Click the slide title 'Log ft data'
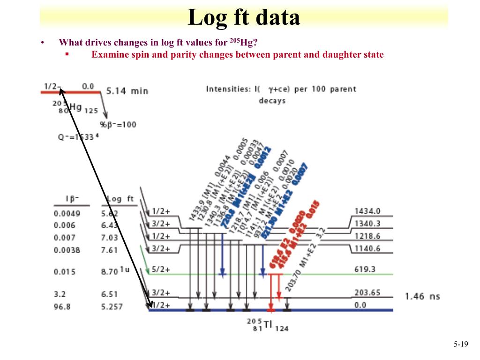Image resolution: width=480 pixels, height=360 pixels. coord(244,18)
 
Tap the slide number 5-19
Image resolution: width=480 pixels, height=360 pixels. coord(461,345)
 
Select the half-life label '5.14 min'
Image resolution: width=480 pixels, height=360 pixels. coord(127,90)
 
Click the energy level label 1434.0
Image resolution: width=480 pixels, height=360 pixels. coord(367,211)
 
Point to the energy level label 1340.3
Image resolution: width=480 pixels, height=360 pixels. coord(367,224)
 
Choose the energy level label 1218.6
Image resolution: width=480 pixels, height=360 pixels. coord(367,236)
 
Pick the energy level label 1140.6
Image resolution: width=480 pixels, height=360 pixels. coord(367,248)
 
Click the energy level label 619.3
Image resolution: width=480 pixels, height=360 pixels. coord(365,270)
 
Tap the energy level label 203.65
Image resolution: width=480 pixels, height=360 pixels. coord(367,292)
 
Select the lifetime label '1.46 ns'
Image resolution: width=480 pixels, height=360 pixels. coord(422,296)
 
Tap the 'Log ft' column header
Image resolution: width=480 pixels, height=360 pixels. coord(120,199)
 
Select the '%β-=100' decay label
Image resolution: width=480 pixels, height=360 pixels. coord(118,125)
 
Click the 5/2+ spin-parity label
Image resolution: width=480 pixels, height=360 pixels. coord(161,270)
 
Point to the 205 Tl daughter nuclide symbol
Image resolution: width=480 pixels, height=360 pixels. coord(268,325)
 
